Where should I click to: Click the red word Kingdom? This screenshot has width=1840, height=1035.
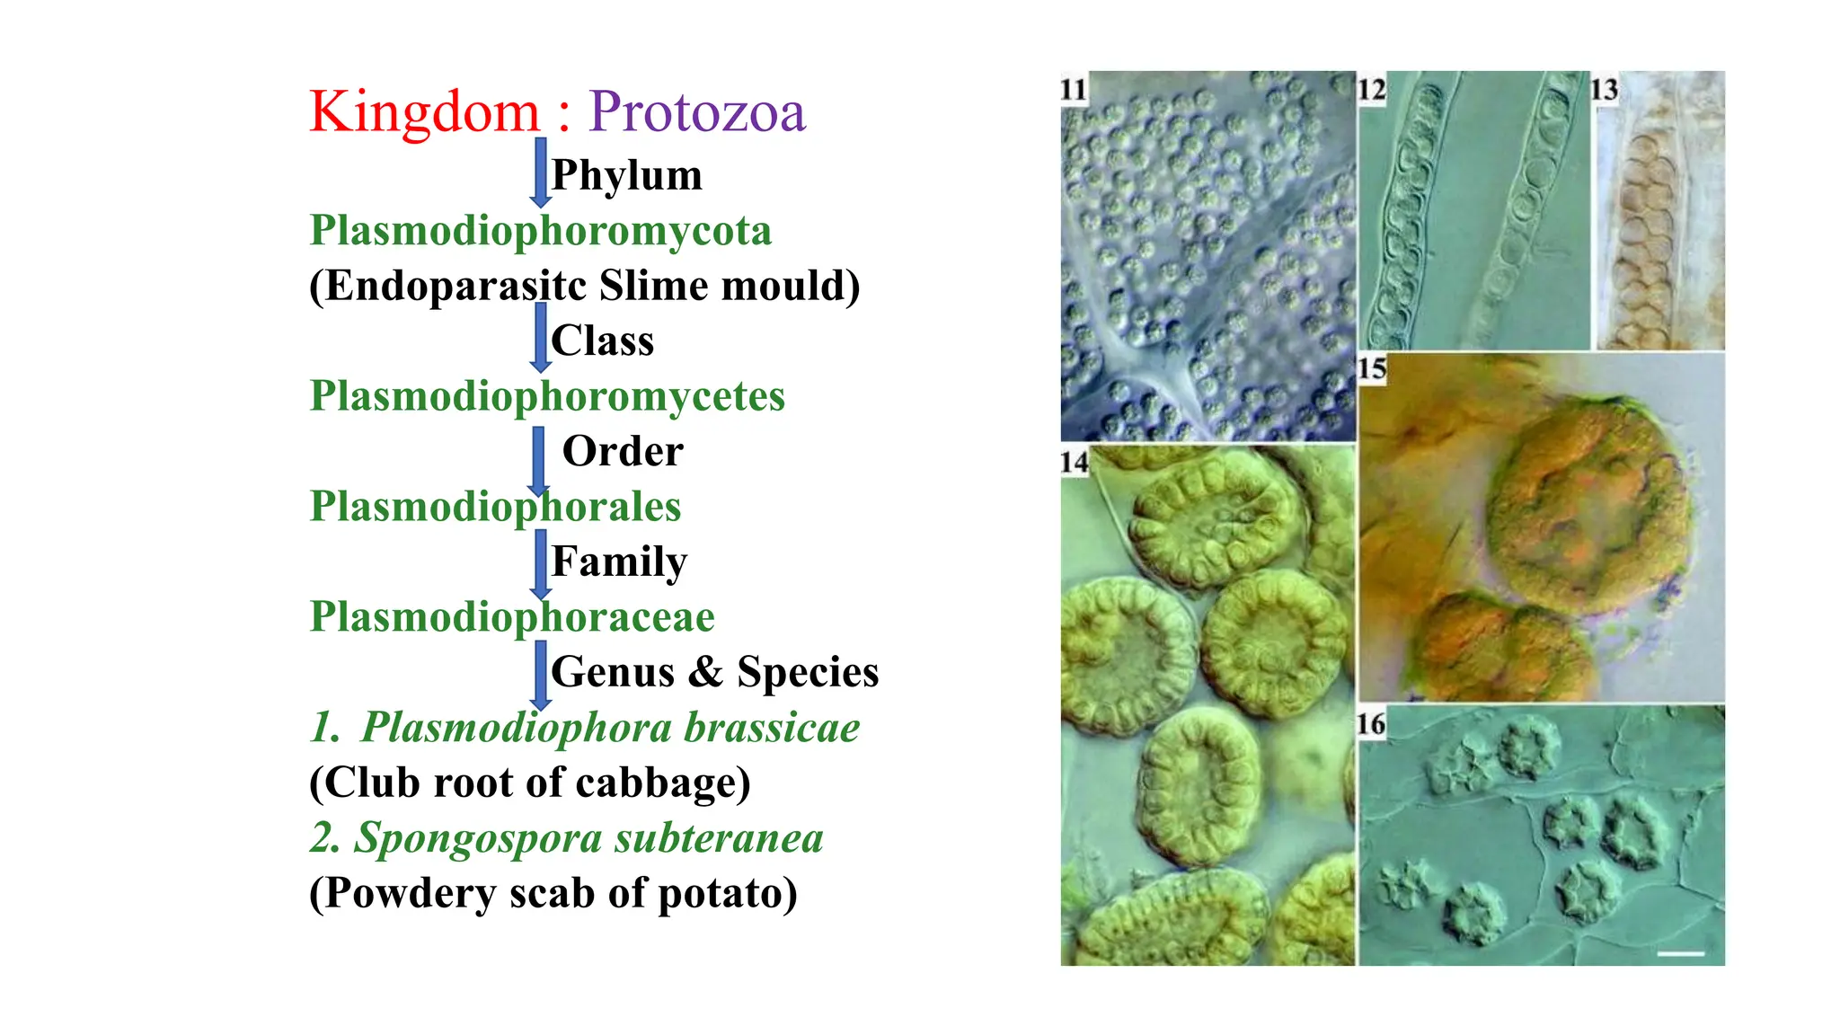tap(424, 113)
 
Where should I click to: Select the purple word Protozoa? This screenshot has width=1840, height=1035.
tap(697, 113)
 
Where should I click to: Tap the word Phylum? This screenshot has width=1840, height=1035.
tap(626, 175)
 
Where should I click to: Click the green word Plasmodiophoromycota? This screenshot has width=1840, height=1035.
tap(540, 231)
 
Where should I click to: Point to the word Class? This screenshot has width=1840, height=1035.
tap(602, 341)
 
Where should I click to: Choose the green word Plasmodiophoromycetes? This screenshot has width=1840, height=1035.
tap(547, 396)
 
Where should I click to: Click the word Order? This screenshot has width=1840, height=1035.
tap(623, 451)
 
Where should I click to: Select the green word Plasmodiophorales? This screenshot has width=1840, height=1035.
tap(495, 507)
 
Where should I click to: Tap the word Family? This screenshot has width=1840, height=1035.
tap(619, 562)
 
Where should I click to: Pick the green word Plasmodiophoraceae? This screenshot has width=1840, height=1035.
tap(512, 617)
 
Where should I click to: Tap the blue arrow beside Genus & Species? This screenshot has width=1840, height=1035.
tap(540, 675)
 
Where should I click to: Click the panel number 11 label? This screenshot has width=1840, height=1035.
tap(1074, 90)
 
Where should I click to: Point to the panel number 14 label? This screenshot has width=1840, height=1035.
tap(1074, 463)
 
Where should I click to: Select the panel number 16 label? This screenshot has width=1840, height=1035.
tap(1371, 724)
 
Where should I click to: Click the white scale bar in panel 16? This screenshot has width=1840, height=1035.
tap(1680, 953)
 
